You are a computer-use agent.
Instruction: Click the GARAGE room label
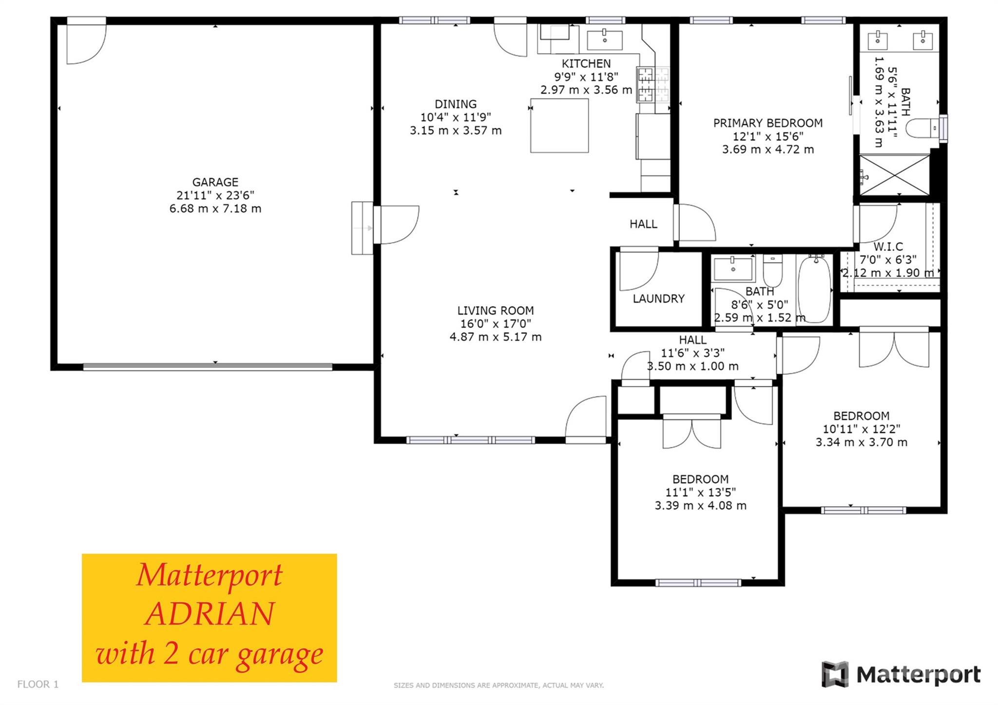pos(215,182)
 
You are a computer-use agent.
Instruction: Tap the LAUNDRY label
pos(658,299)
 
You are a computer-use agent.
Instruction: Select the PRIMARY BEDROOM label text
pos(768,123)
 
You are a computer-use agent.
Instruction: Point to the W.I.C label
pos(888,247)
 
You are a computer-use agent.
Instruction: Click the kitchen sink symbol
pos(605,40)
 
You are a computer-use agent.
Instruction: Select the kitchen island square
pos(559,126)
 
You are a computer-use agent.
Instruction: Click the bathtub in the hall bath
pos(814,289)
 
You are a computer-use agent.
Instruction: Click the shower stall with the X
pos(894,175)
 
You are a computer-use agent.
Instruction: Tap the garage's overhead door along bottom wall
pos(208,367)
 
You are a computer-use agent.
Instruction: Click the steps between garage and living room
pos(362,228)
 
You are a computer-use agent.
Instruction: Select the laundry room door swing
pos(638,271)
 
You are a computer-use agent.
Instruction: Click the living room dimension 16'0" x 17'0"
pos(496,324)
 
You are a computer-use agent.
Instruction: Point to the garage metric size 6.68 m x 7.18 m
pos(215,209)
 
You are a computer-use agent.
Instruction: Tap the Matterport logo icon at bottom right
pos(835,674)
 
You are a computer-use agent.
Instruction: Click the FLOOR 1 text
pos(38,684)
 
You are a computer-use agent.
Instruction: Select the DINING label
pos(456,104)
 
